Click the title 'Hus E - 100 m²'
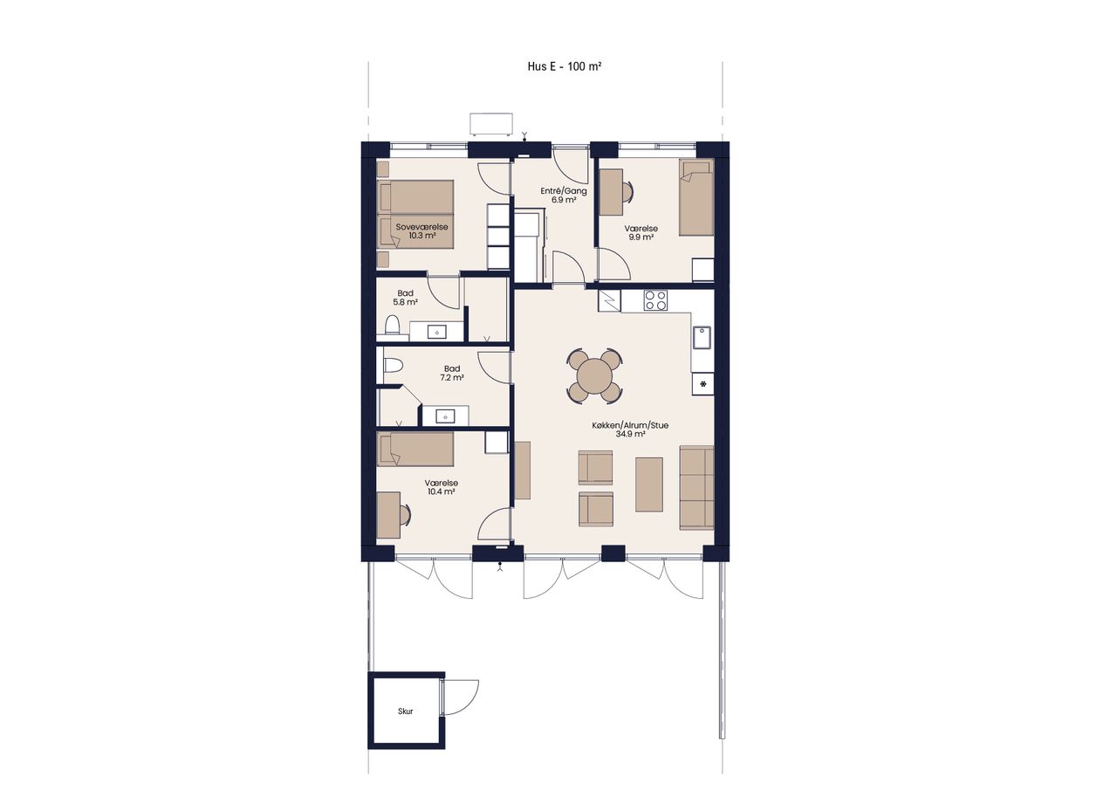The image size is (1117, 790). tap(564, 66)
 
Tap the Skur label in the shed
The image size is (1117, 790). tap(406, 711)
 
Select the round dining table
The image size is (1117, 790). tap(594, 376)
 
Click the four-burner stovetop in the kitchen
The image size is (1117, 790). tap(655, 300)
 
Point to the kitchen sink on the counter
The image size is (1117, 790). tap(702, 337)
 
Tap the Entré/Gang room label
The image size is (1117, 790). tap(564, 191)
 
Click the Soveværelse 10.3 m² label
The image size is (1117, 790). tap(421, 231)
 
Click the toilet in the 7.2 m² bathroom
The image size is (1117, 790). tap(393, 366)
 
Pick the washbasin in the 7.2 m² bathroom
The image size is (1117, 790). tap(445, 416)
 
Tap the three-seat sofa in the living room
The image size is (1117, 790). tap(696, 488)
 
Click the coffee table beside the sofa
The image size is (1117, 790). tap(648, 484)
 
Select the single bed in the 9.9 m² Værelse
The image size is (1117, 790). tap(696, 197)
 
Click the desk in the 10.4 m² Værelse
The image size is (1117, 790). tap(388, 515)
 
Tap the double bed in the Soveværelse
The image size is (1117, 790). tap(415, 214)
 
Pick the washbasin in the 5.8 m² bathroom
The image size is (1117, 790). tap(437, 332)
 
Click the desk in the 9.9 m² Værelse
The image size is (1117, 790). tap(611, 192)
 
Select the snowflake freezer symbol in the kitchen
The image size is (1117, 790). tap(703, 383)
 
